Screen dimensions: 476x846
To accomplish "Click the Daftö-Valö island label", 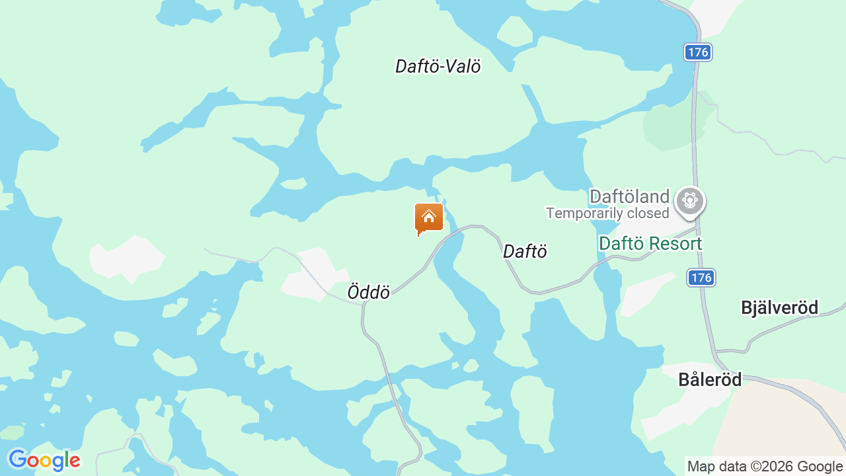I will pyautogui.click(x=438, y=66).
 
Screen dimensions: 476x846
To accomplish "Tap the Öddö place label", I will pyautogui.click(x=368, y=292).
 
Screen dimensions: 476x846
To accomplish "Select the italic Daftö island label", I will pyautogui.click(x=525, y=251).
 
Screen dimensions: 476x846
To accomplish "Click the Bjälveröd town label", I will pyautogui.click(x=779, y=307).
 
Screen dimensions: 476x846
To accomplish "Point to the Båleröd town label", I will pyautogui.click(x=710, y=379).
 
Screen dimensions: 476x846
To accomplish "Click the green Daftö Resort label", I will pyautogui.click(x=650, y=243).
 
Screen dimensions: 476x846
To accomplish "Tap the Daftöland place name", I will pyautogui.click(x=629, y=196).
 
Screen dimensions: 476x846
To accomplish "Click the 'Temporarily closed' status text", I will pyautogui.click(x=607, y=213).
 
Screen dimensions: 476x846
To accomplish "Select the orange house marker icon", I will pyautogui.click(x=429, y=218).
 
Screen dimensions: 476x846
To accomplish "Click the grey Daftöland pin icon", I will pyautogui.click(x=690, y=200).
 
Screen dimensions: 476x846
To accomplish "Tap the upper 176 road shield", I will pyautogui.click(x=697, y=52).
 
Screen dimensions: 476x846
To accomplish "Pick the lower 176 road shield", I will pyautogui.click(x=701, y=278).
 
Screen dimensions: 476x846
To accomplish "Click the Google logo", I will pyautogui.click(x=44, y=460).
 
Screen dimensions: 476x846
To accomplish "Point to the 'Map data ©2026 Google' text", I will pyautogui.click(x=765, y=466).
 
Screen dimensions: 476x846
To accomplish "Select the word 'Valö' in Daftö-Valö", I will pyautogui.click(x=462, y=66).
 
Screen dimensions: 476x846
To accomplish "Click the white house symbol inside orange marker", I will pyautogui.click(x=429, y=216).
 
